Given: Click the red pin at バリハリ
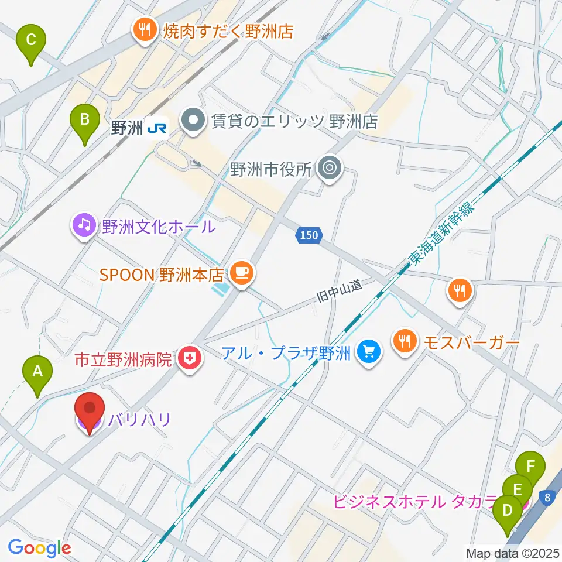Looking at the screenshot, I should [x=90, y=412].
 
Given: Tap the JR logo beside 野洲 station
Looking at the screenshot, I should [x=156, y=129].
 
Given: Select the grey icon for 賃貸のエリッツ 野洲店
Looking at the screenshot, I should [x=191, y=122].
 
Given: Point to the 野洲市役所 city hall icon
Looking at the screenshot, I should [x=330, y=169].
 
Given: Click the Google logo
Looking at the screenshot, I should [x=39, y=547].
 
